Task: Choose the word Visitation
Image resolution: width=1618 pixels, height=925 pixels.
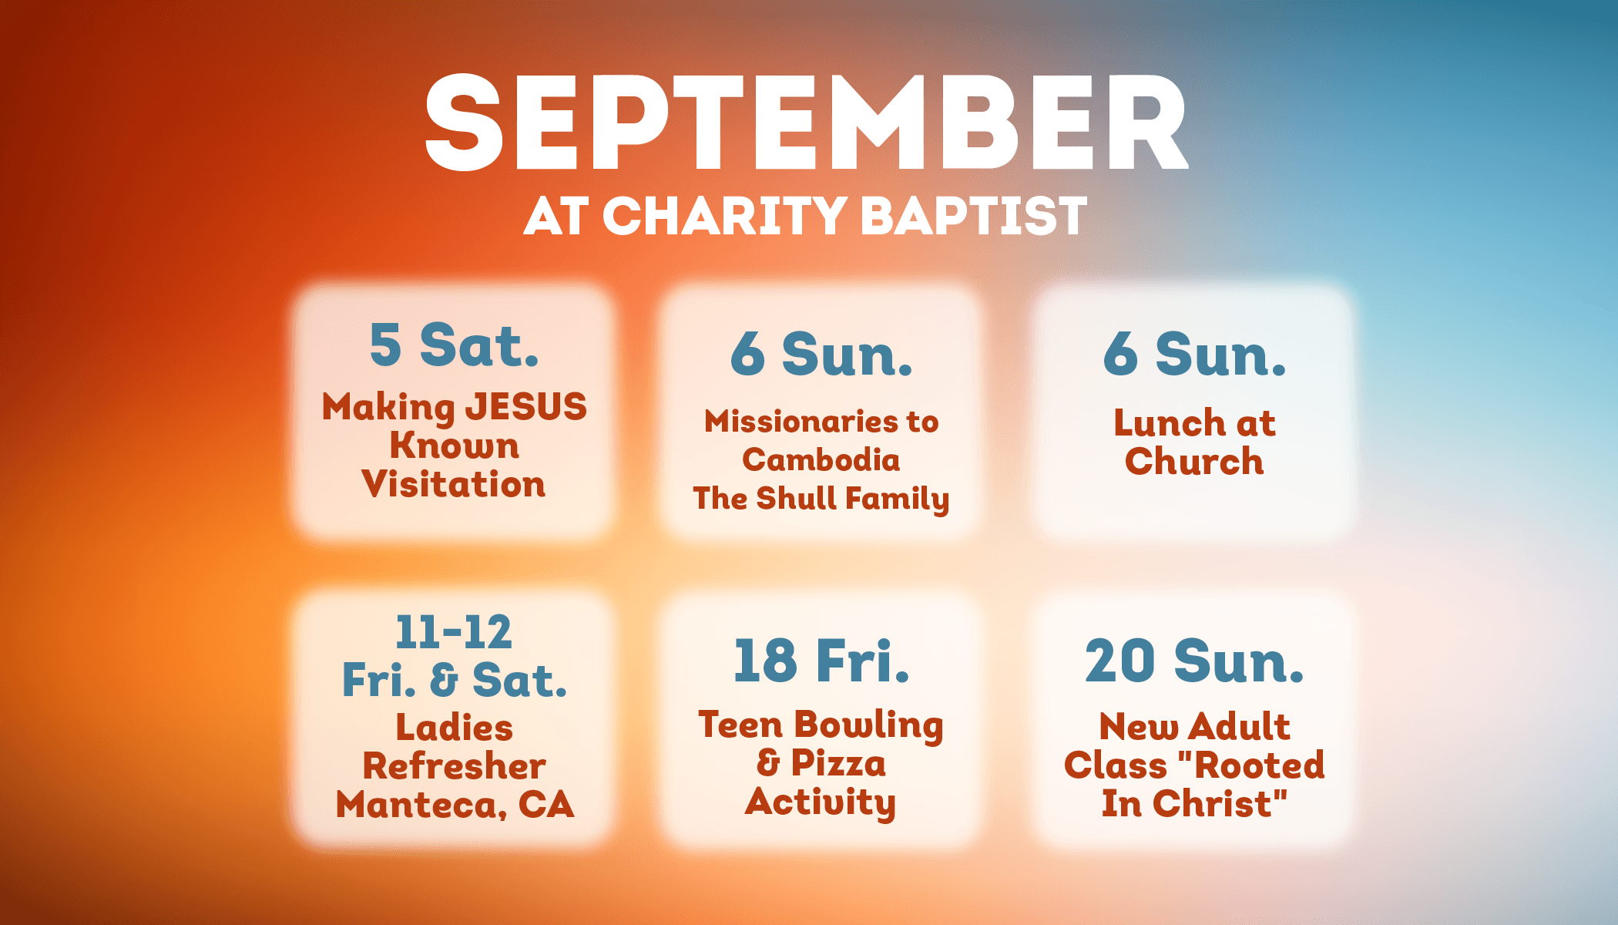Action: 454,484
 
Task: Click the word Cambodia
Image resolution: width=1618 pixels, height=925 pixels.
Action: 821,459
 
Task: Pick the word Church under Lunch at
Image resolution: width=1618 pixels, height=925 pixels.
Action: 1194,461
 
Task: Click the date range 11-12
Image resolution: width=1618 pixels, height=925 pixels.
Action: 454,632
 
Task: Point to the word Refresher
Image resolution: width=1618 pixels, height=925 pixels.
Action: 454,766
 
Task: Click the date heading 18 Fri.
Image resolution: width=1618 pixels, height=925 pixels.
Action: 821,661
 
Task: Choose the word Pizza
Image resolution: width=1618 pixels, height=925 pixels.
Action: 839,763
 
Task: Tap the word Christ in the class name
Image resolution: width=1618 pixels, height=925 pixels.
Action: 1220,803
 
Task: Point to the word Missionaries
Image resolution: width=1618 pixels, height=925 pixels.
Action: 801,421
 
